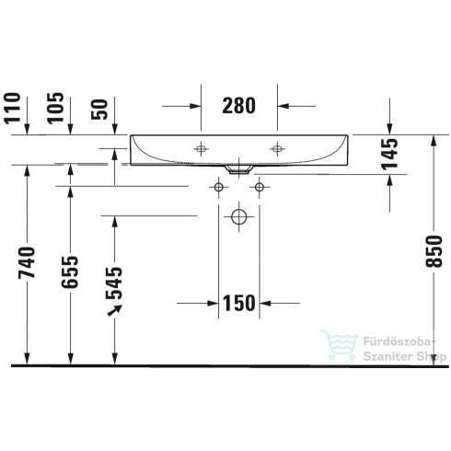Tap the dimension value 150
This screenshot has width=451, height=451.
pos(239,302)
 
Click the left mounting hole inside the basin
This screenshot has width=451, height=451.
pos(202,147)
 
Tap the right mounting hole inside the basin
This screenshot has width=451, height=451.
pos(277,147)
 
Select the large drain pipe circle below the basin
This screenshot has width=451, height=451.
pos(239,218)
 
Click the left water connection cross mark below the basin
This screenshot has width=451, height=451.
pos(219,188)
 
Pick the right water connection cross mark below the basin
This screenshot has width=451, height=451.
pos(260,188)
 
